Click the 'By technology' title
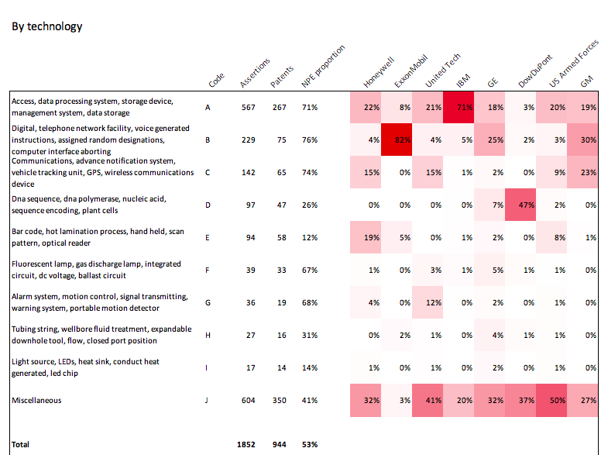coord(47,26)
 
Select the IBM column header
coord(463,81)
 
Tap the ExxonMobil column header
coord(411,71)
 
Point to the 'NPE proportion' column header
coord(323,66)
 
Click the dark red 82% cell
coord(397,140)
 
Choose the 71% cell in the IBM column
coord(459,108)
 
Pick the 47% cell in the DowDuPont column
coord(520,205)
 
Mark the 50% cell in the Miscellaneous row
coord(551,400)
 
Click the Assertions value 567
coord(248,108)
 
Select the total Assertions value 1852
coord(246,444)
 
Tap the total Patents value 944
coord(279,444)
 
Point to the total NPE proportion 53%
coord(310,444)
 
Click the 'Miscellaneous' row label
coord(36,400)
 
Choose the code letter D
coord(208,205)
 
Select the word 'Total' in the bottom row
coord(20,444)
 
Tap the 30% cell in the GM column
coord(582,140)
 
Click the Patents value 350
coord(279,400)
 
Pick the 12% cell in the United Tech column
coord(428,302)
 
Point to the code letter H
coord(208,335)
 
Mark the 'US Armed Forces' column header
coord(574,64)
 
